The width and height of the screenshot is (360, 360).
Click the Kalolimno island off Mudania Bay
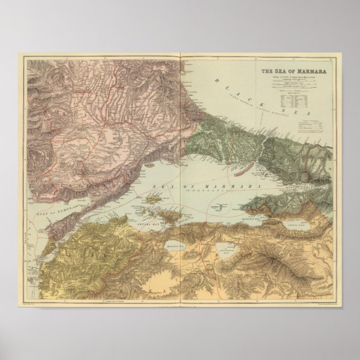pos(220,207)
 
